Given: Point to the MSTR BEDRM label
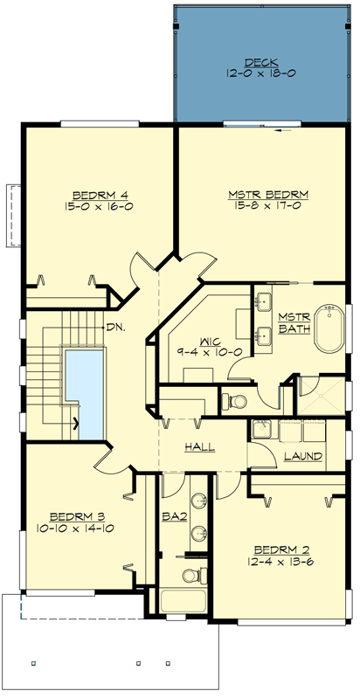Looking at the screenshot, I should point(260,194).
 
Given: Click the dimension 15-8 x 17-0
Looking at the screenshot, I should point(260,206).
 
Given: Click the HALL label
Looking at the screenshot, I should point(200,447).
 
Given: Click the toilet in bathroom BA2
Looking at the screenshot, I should point(190,575).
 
